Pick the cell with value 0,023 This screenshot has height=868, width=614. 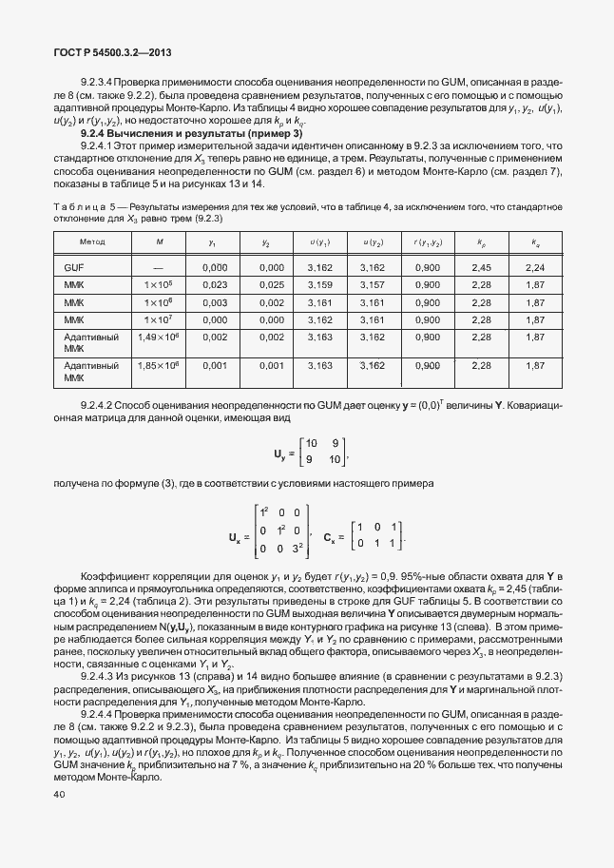point(215,284)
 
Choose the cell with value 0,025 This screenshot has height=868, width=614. point(271,284)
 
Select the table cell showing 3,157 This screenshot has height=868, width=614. point(374,284)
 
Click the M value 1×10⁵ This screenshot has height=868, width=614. point(158,284)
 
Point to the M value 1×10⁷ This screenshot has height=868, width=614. point(158,319)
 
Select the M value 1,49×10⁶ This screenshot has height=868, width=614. point(158,337)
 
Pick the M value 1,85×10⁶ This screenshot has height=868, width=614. point(158,364)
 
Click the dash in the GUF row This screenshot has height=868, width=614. point(158,268)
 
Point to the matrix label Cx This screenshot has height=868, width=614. point(332,537)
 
